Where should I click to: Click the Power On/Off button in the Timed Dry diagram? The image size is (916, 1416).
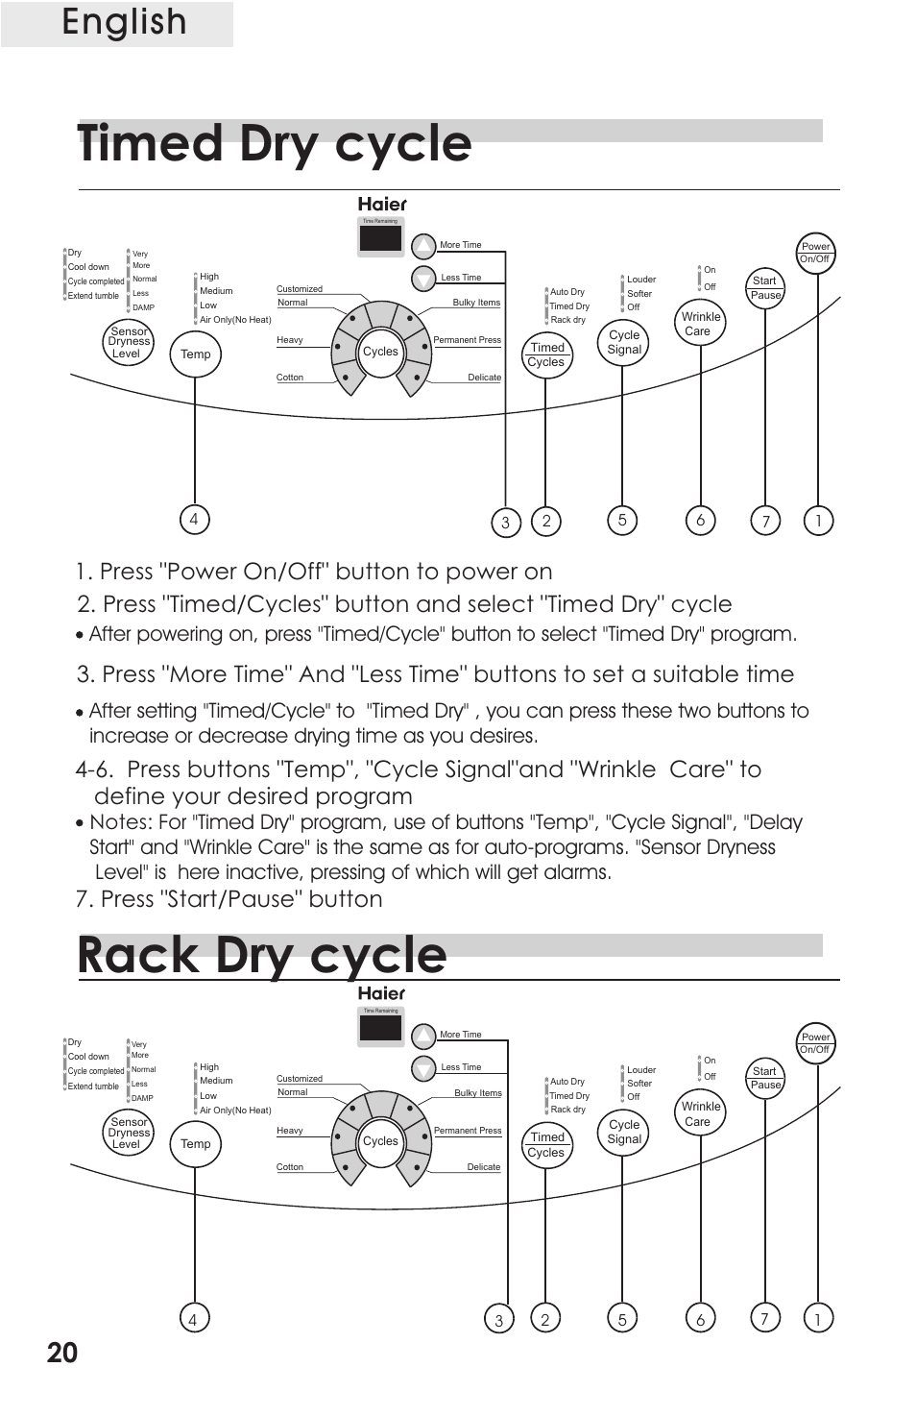815,253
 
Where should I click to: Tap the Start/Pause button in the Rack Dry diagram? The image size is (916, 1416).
765,1078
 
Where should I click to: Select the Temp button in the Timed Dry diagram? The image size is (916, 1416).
195,354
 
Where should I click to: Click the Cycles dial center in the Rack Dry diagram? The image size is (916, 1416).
380,1141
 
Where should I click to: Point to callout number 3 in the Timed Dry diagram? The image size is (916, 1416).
505,523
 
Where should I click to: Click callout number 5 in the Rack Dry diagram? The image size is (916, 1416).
622,1320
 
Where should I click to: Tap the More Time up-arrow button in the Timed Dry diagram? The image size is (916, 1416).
423,246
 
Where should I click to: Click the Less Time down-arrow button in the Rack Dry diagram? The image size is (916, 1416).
423,1068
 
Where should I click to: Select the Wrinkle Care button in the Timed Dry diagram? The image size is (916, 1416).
701,324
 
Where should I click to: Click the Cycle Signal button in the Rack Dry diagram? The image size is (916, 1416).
624,1132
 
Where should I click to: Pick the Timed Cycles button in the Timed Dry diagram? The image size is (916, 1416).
546,354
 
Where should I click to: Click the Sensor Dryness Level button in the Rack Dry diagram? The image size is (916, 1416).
129,1133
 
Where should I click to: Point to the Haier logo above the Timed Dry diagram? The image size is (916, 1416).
382,204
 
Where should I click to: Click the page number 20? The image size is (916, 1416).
62,1353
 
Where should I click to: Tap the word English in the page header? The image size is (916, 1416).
124,23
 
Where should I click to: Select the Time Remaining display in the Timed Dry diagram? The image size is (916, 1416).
380,236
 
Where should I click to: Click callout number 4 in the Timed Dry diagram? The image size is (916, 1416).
194,520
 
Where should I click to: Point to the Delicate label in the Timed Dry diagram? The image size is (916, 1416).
484,378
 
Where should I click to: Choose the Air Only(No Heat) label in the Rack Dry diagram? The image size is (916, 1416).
235,1111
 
